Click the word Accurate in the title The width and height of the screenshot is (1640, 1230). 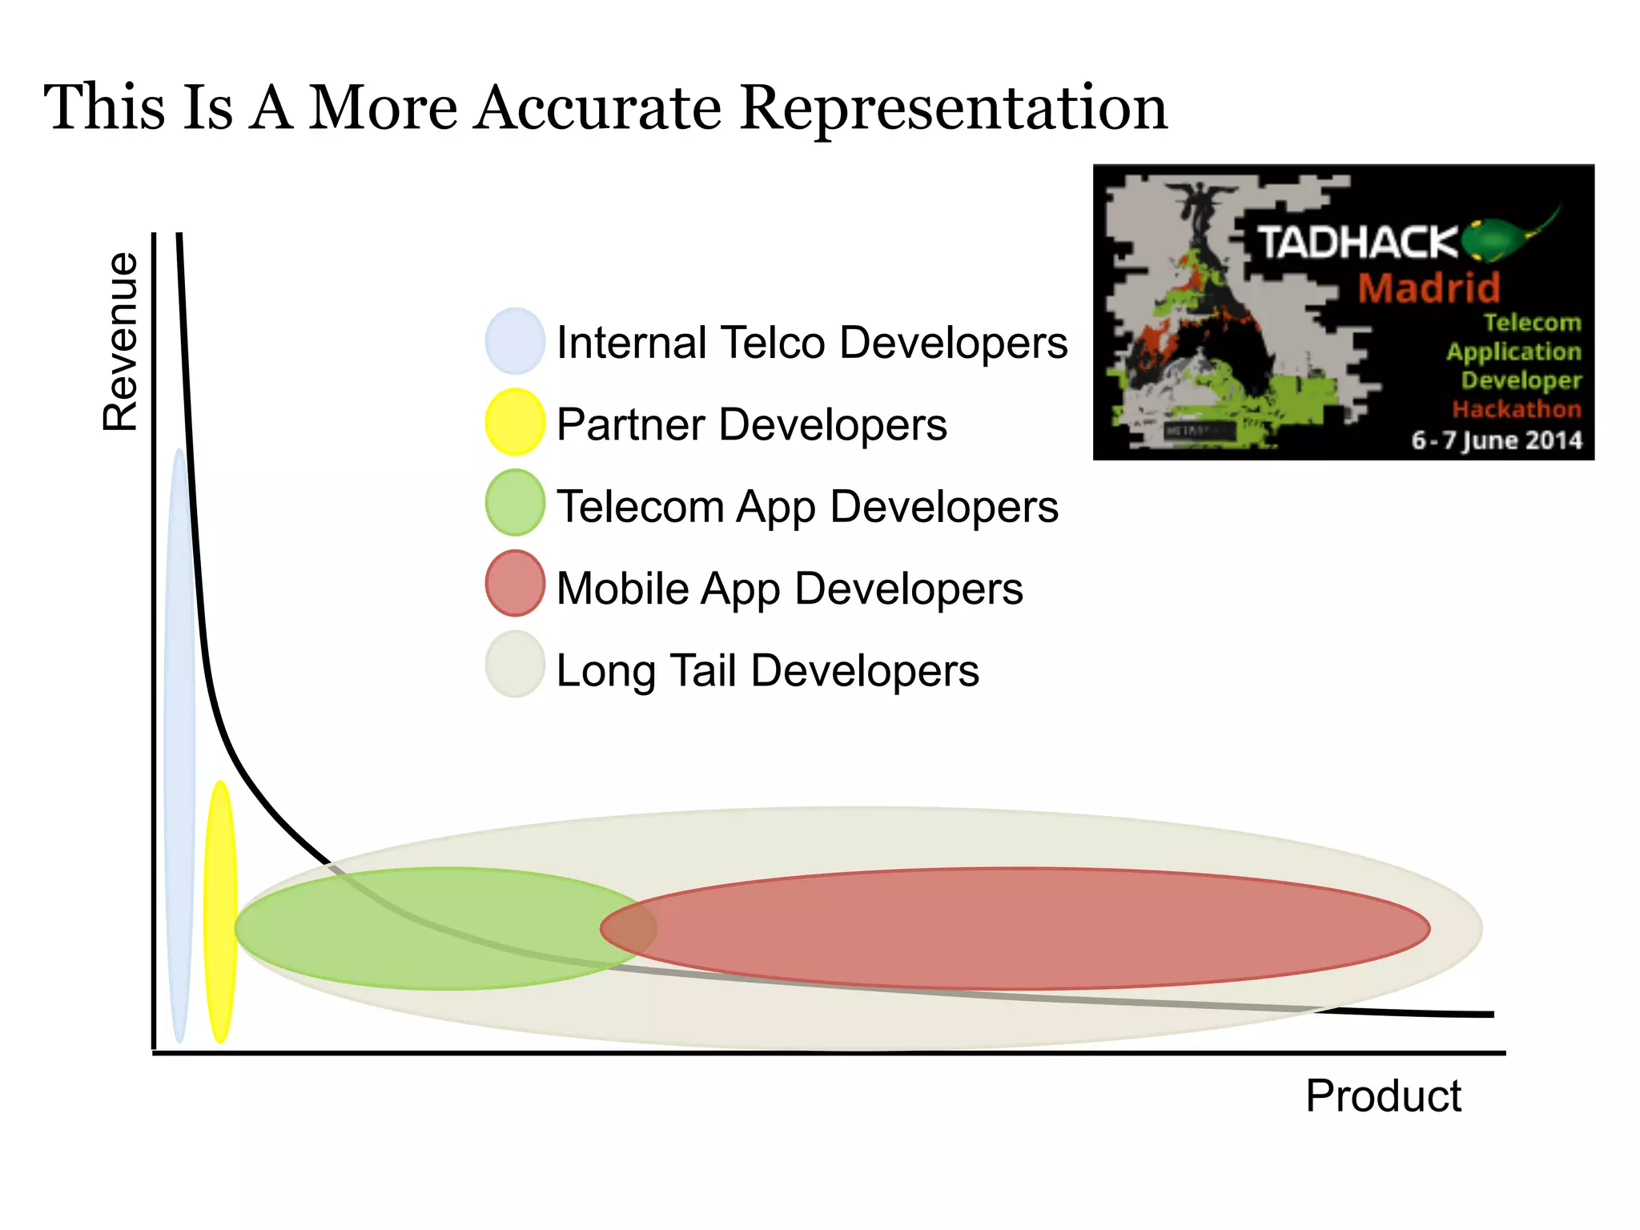point(597,107)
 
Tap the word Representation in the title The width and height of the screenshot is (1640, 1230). point(953,107)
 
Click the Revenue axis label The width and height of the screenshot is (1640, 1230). point(121,342)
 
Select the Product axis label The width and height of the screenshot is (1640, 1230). point(1383,1095)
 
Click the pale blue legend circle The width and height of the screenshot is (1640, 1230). point(515,341)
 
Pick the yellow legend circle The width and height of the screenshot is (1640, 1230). point(515,422)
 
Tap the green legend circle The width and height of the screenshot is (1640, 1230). point(515,503)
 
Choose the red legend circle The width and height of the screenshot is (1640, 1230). point(515,584)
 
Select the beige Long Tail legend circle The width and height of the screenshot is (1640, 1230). point(515,665)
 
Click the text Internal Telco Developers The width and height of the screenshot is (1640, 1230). point(811,343)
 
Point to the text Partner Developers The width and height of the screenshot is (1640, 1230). point(751,424)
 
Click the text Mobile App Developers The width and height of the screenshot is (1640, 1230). point(789,589)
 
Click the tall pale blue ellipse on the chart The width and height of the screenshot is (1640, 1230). point(179,745)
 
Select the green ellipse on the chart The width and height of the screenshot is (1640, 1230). point(416,929)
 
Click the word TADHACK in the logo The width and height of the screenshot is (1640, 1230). point(1357,242)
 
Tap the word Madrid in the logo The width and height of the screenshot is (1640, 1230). point(1429,288)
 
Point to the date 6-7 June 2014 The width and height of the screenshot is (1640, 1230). point(1496,440)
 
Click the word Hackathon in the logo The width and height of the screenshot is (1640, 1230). point(1516,409)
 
